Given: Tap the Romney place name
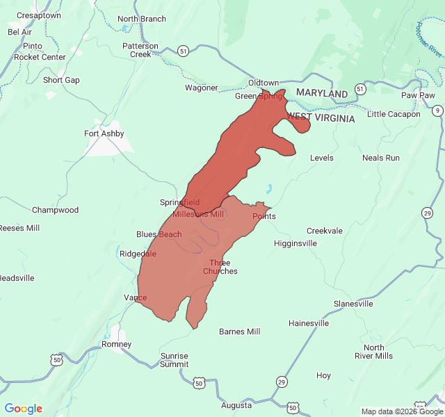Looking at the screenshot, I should pyautogui.click(x=116, y=344).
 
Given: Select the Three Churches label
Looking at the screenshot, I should pyautogui.click(x=220, y=267).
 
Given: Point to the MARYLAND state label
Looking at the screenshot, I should pyautogui.click(x=321, y=93).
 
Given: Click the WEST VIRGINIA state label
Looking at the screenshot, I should pyautogui.click(x=321, y=118).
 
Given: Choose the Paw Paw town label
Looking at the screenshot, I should pyautogui.click(x=418, y=95).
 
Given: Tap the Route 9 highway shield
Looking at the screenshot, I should pyautogui.click(x=437, y=111).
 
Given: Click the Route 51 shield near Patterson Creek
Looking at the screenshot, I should pyautogui.click(x=183, y=51).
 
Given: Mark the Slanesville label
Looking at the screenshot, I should pyautogui.click(x=353, y=304).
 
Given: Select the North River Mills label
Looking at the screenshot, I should pyautogui.click(x=373, y=352).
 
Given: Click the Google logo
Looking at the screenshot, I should pyautogui.click(x=23, y=409).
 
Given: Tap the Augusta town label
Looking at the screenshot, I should pyautogui.click(x=236, y=405).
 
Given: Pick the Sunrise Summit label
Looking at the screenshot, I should pyautogui.click(x=174, y=360).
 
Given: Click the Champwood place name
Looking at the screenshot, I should pyautogui.click(x=55, y=210).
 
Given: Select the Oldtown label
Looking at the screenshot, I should pyautogui.click(x=264, y=83).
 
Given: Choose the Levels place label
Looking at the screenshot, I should pyautogui.click(x=321, y=158).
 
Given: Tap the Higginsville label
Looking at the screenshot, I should pyautogui.click(x=296, y=243).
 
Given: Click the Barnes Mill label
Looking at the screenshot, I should pyautogui.click(x=239, y=332).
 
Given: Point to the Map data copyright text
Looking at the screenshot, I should pyautogui.click(x=394, y=411).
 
